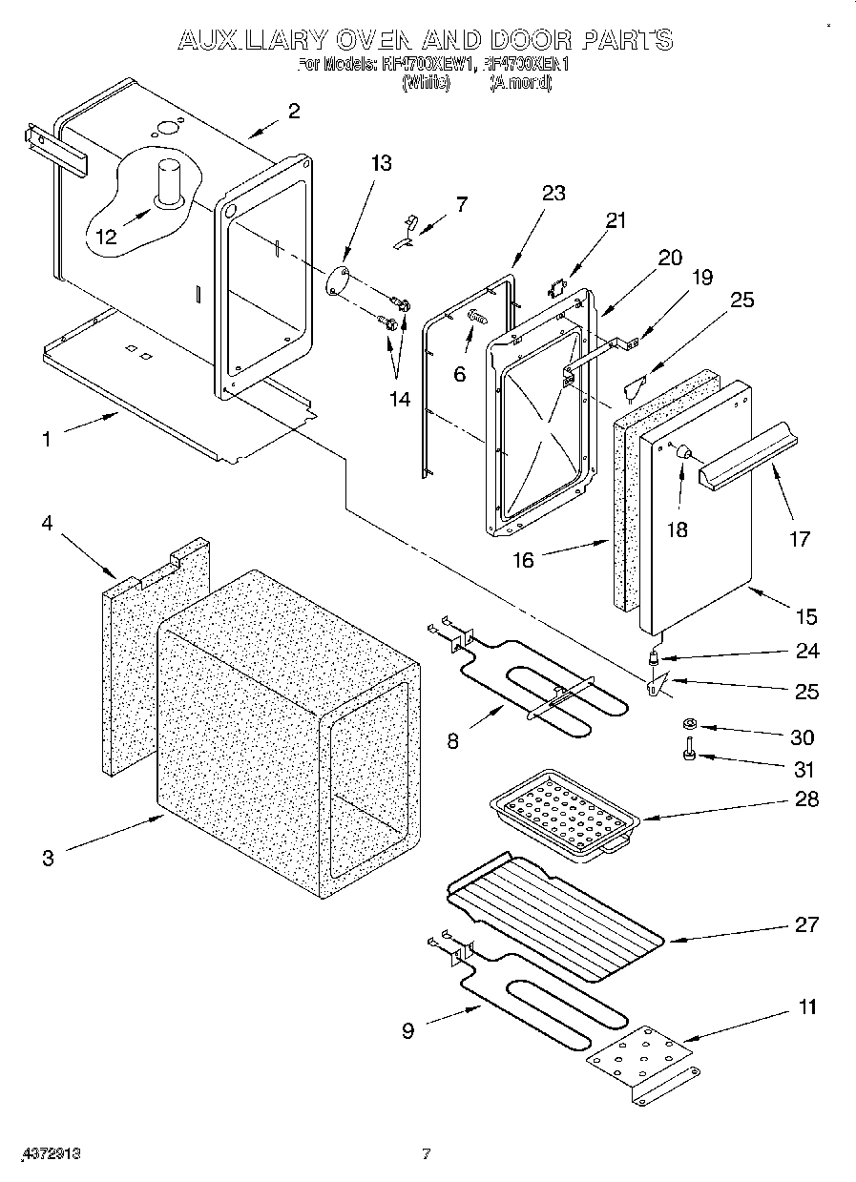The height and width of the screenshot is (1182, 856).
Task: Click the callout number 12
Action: coord(107,236)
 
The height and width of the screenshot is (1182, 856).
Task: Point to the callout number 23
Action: coord(553,194)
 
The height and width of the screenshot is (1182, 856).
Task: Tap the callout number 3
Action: coord(48,856)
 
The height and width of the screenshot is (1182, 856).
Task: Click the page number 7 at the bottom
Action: coord(427,1153)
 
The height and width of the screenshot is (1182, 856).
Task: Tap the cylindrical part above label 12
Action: coord(170,180)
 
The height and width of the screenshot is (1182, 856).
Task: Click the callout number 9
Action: coord(407,1030)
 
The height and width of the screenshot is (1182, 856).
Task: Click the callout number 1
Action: coord(48,439)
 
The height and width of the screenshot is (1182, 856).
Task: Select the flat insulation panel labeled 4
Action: coord(124,668)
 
